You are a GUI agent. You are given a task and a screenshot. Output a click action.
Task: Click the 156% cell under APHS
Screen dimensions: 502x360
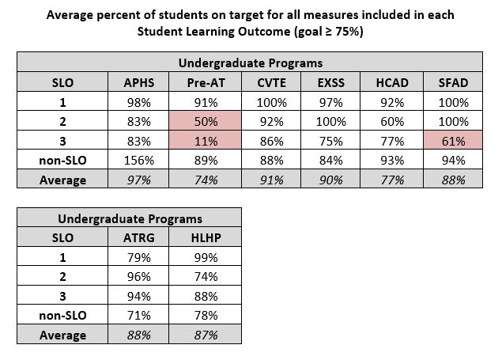click(x=138, y=160)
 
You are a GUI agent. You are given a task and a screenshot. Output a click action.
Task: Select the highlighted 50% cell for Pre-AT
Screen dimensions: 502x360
click(x=206, y=121)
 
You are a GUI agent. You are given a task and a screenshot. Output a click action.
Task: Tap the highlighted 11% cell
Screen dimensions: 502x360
click(x=206, y=141)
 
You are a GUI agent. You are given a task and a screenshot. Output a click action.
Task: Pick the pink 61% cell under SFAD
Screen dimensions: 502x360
click(x=453, y=141)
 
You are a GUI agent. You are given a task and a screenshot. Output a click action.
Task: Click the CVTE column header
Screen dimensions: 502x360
click(x=271, y=82)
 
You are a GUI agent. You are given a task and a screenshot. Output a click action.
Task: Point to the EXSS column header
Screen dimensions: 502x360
click(x=330, y=82)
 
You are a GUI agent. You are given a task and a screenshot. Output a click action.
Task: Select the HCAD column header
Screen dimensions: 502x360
click(x=392, y=82)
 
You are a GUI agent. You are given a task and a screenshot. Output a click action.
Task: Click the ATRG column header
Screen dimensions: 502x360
click(x=138, y=237)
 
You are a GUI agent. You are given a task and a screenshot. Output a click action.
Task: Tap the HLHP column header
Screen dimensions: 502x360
click(x=206, y=237)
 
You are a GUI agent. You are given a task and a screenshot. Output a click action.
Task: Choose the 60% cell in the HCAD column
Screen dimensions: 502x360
click(x=392, y=121)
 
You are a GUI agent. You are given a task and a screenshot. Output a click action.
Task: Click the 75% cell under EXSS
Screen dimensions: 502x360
click(x=330, y=141)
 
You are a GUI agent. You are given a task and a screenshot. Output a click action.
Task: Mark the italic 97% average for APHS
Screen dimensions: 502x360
click(x=138, y=180)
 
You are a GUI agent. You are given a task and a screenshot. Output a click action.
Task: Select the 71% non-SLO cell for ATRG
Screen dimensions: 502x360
click(x=138, y=315)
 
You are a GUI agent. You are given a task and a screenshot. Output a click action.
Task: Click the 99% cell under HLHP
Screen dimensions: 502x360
click(x=206, y=257)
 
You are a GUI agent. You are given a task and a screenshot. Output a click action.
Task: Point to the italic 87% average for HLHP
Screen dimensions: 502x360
click(x=206, y=335)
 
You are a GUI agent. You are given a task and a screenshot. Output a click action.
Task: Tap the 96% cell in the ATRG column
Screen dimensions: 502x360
click(x=138, y=276)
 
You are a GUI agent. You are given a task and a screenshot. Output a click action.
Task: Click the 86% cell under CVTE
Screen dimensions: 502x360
click(x=271, y=141)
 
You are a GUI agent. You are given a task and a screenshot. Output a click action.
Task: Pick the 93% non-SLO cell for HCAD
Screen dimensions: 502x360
click(x=392, y=160)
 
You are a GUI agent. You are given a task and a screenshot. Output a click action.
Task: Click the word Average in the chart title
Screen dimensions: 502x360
click(x=70, y=15)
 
